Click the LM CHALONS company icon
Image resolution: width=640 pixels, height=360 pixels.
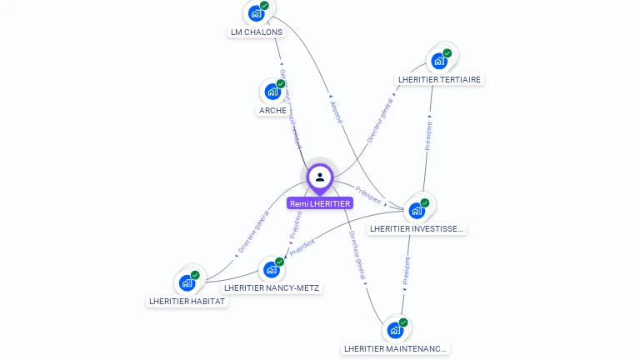tap(255, 14)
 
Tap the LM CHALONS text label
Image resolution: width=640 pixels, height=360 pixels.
tap(257, 32)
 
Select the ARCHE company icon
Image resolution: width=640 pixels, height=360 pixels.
tap(272, 92)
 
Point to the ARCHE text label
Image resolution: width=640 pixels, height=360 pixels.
tap(272, 110)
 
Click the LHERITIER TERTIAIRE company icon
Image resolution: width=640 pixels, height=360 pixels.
tap(438, 61)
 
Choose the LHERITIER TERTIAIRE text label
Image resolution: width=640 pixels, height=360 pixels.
tap(440, 79)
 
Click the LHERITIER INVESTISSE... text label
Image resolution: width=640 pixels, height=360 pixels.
tap(417, 228)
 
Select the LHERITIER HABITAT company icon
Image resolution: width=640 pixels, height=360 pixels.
tap(187, 282)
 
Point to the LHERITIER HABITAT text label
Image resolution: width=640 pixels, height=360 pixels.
tap(187, 301)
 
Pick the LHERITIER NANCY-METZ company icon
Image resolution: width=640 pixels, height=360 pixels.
tap(271, 269)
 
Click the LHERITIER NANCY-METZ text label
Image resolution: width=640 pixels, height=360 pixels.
tap(272, 287)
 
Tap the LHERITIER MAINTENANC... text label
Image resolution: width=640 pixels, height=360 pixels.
tap(396, 348)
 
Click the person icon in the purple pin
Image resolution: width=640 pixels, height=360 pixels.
tap(320, 177)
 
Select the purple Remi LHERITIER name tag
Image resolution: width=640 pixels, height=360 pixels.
tap(320, 203)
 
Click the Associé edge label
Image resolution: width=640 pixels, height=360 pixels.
tap(336, 113)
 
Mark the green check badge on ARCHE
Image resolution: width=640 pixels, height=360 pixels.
tap(281, 84)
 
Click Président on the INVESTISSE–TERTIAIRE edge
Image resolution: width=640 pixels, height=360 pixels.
tap(428, 136)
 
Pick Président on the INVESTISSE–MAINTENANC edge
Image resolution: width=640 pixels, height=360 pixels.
tap(407, 272)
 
